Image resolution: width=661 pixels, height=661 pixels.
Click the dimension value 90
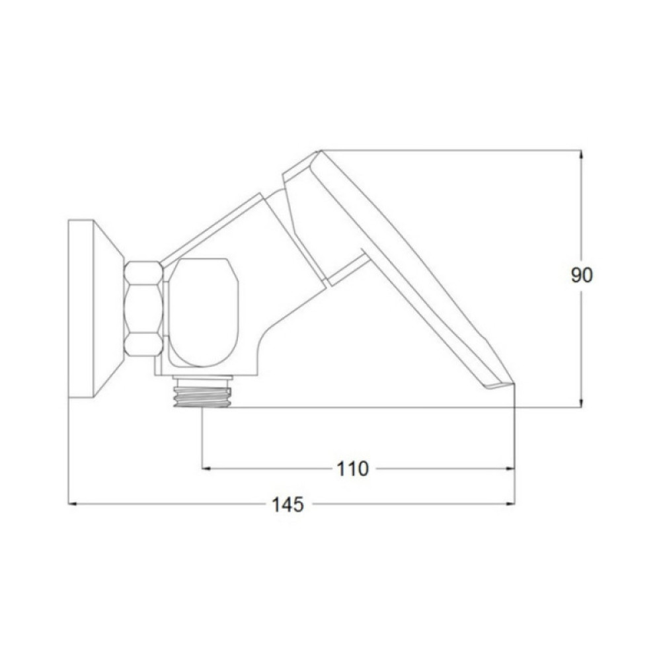click(x=582, y=275)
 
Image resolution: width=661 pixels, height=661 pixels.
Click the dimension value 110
click(x=352, y=469)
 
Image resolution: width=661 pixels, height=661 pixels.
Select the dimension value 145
click(x=288, y=504)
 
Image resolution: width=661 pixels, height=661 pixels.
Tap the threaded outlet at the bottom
click(x=202, y=393)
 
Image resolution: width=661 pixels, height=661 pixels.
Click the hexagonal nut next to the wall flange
click(x=143, y=309)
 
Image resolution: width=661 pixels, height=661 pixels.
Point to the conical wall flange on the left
click(x=95, y=309)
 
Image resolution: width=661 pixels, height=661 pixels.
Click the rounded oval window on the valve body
click(x=203, y=313)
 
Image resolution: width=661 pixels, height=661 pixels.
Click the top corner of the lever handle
click(x=321, y=151)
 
